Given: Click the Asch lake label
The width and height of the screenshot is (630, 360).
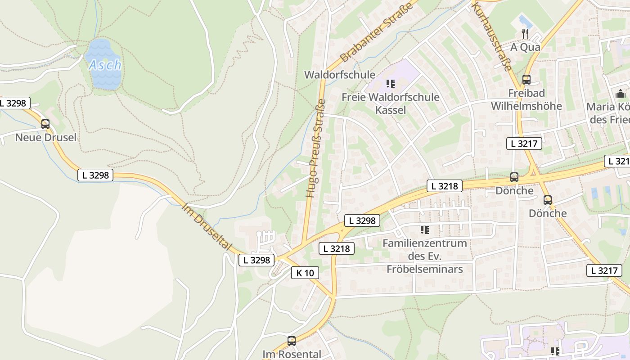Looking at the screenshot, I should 105,65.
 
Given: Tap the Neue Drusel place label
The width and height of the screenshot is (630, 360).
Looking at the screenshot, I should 46,137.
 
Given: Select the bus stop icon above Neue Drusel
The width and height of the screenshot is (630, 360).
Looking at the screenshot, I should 45,124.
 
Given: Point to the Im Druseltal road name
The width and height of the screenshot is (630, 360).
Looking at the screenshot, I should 207,227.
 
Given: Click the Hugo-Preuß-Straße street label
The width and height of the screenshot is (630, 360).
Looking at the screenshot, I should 315,148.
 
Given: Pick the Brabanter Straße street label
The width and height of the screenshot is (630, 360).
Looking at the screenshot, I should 377,33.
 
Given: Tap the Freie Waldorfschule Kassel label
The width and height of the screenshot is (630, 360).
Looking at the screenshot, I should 390,103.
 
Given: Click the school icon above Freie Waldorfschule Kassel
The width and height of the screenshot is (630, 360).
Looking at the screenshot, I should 391,84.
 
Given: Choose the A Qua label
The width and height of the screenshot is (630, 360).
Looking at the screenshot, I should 526,47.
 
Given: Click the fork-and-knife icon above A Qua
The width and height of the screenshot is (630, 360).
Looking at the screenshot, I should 525,33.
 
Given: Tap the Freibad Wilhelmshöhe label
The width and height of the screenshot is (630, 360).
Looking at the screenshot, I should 526,99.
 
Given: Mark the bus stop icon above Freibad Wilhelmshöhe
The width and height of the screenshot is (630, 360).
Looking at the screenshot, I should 526,80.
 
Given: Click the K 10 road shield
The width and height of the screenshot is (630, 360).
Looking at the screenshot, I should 305,273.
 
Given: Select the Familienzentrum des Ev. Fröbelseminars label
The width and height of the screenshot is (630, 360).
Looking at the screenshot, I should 424,256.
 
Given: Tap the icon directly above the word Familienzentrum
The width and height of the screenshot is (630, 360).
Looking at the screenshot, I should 424,230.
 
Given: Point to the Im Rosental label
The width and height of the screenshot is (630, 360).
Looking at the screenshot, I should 292,354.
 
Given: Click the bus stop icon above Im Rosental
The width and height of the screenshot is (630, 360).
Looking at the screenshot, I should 292,341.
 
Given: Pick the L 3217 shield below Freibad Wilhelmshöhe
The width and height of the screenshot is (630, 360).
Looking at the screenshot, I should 524,144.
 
